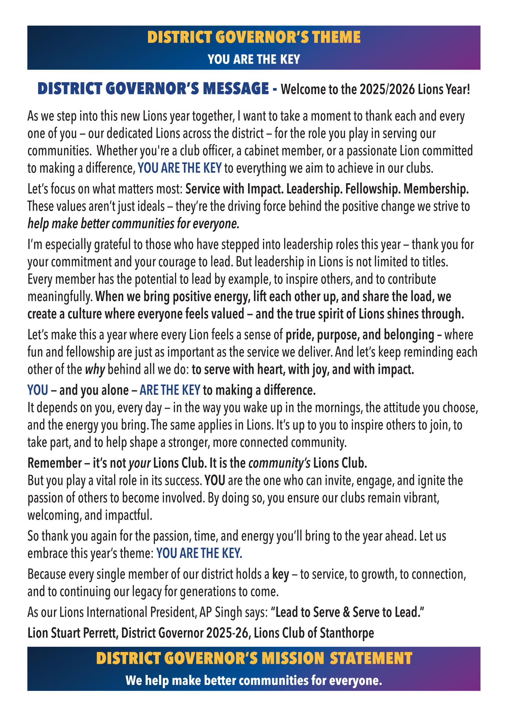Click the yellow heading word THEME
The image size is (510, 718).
click(336, 37)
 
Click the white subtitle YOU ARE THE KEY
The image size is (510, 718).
click(254, 59)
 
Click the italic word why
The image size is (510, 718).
click(95, 370)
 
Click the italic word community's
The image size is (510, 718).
click(279, 463)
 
